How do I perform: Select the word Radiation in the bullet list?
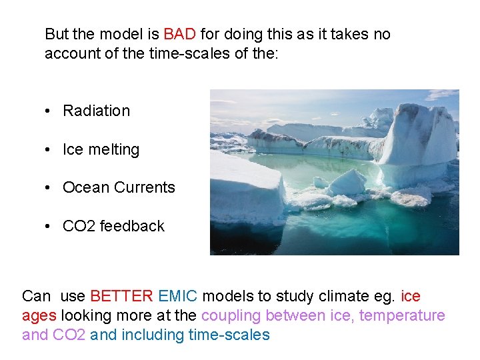pos(96,111)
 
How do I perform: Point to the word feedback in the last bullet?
pos(133,226)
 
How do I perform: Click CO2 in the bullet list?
pos(79,226)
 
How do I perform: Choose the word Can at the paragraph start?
pos(36,296)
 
